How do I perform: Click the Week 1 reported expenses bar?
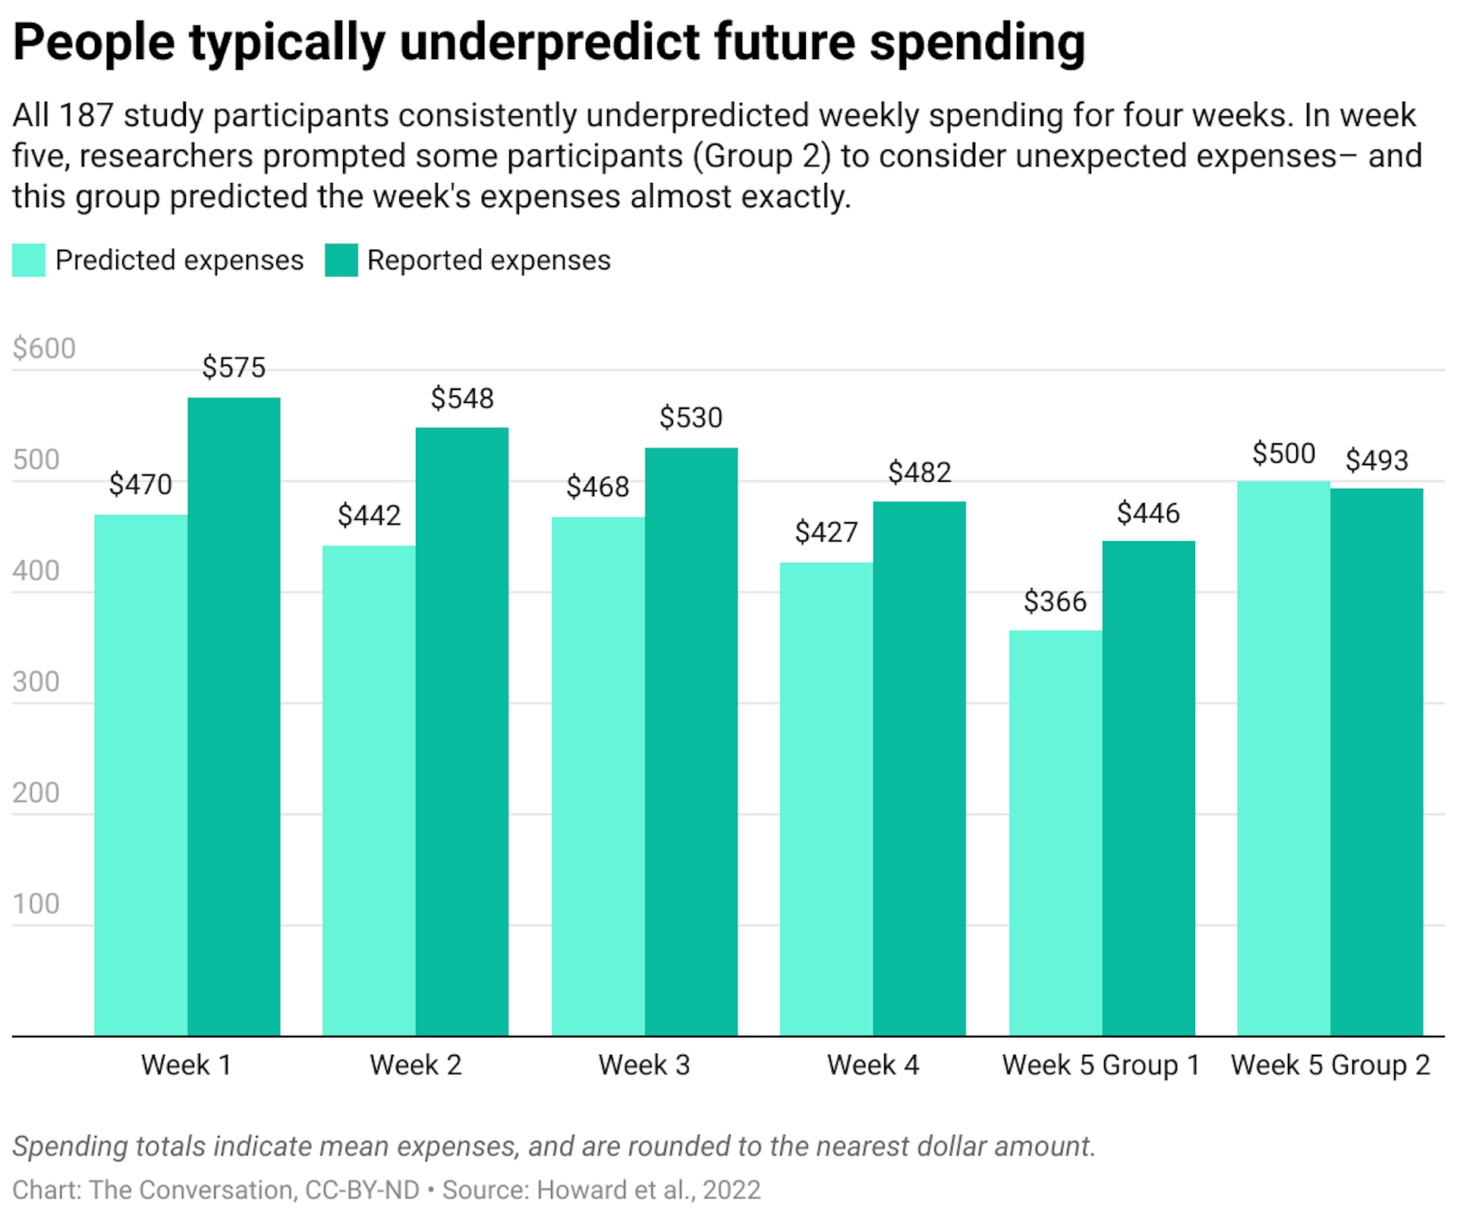point(234,716)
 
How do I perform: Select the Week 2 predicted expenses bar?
point(369,790)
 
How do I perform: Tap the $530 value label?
point(691,417)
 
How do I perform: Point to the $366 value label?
point(1055,602)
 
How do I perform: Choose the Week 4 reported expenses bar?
point(919,768)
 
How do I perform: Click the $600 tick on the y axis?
point(44,348)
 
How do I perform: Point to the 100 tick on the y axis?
point(36,904)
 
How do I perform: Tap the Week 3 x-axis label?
point(644,1065)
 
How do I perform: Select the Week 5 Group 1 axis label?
point(1101,1065)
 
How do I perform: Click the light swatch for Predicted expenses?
point(29,260)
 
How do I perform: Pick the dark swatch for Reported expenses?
point(341,260)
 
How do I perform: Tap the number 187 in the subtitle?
point(86,115)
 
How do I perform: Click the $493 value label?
point(1377,460)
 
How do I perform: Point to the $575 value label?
point(234,368)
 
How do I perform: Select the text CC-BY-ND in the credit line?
point(362,1189)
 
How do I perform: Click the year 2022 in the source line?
point(732,1189)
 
